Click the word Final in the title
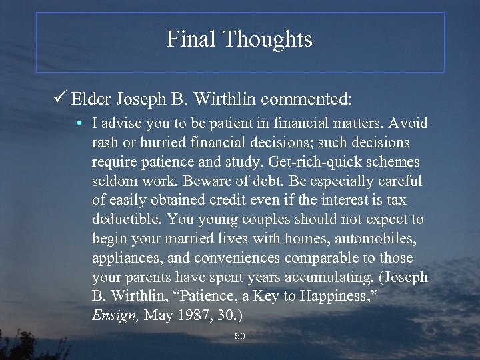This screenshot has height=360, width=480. (x=191, y=39)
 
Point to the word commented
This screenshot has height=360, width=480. (x=306, y=100)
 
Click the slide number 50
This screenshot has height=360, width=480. (x=240, y=337)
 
